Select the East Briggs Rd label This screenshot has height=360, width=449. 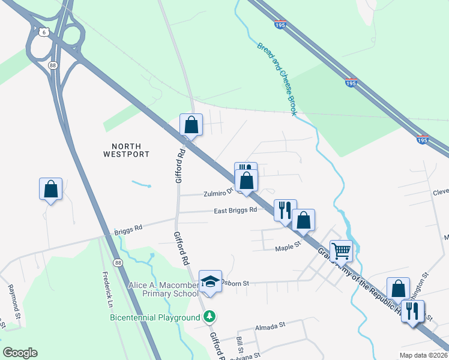tap(236, 211)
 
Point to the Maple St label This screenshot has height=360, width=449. tap(287, 248)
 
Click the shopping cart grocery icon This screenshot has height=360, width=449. tap(341, 250)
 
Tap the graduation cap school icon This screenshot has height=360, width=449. tap(210, 281)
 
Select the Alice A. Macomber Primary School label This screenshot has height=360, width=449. tap(163, 289)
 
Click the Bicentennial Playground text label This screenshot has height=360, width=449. tap(154, 317)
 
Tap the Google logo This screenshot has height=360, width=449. tap(20, 353)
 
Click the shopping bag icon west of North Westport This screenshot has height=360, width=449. tap(50, 189)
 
